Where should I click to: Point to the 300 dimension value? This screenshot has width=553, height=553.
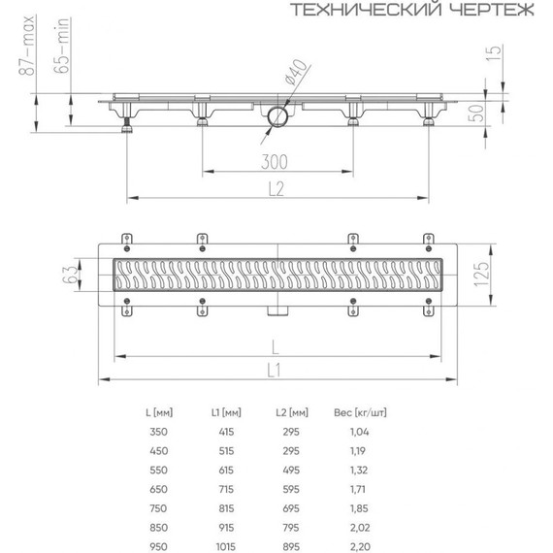pyautogui.click(x=277, y=160)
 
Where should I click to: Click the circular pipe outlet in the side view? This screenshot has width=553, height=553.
pyautogui.click(x=277, y=119)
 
